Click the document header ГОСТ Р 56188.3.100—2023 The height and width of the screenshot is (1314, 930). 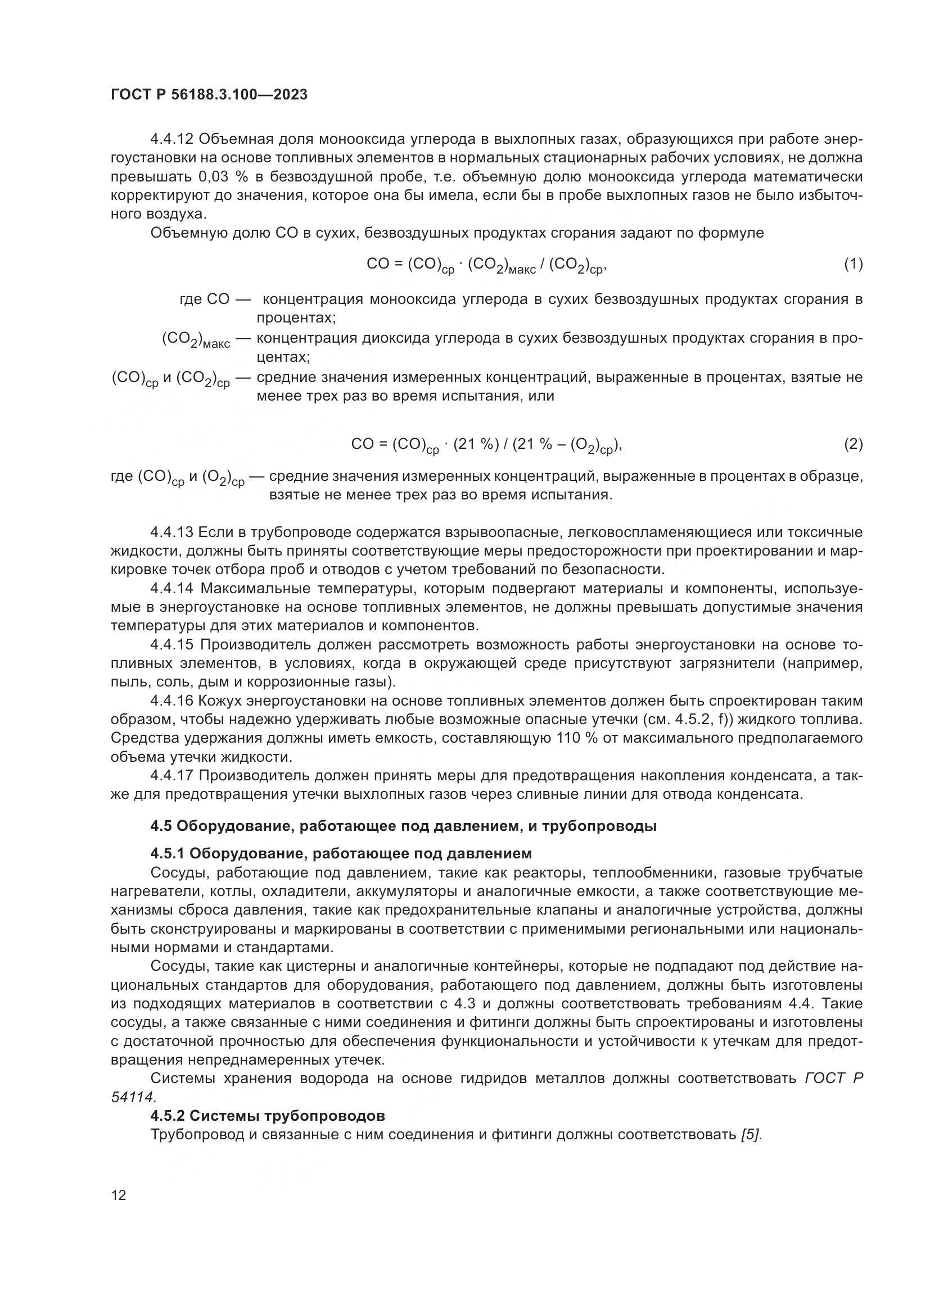[209, 94]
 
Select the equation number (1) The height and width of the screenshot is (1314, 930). [853, 264]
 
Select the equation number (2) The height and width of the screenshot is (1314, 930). [853, 444]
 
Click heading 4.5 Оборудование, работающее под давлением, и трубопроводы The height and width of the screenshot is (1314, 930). [403, 826]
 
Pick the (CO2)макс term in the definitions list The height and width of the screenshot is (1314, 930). [196, 340]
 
